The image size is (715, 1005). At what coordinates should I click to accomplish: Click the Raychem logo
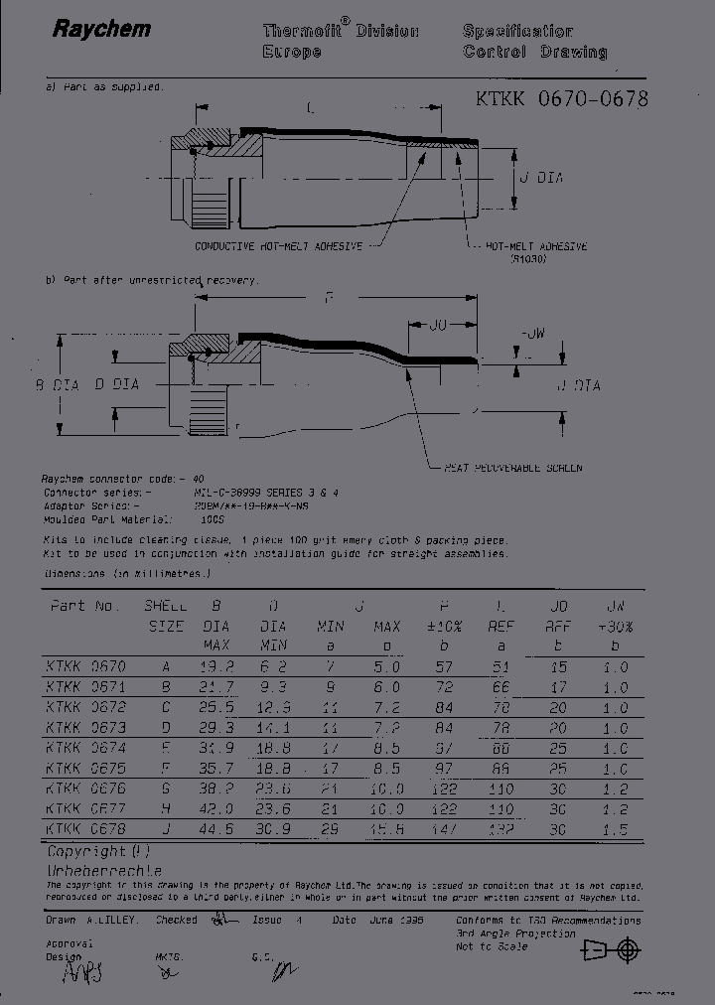(x=101, y=29)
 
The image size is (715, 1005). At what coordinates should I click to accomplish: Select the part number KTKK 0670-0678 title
(x=562, y=98)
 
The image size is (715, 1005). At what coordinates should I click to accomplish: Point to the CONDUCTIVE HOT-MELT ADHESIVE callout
(x=277, y=245)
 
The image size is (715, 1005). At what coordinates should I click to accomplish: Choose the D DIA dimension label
(x=117, y=383)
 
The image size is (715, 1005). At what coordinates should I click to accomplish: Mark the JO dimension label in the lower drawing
(x=441, y=325)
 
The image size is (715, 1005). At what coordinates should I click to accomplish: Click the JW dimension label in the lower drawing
(x=533, y=333)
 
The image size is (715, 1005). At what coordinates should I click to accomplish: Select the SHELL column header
(x=165, y=606)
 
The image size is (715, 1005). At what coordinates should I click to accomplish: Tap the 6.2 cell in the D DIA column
(x=273, y=667)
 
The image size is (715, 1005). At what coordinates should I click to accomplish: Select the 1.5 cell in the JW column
(x=616, y=829)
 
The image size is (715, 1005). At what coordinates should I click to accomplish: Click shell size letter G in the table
(x=165, y=789)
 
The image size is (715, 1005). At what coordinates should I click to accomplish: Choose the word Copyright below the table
(x=86, y=852)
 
